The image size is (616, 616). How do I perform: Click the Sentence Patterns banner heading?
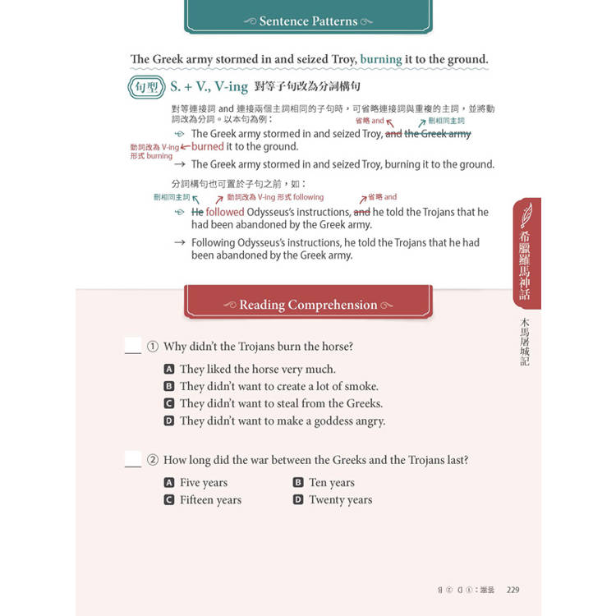click(308, 21)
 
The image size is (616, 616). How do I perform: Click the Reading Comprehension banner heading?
click(308, 305)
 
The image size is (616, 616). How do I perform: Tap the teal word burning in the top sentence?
click(380, 59)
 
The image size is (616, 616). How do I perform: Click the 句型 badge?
click(147, 86)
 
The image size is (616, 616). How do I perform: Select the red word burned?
click(208, 147)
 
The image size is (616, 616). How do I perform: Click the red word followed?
click(224, 212)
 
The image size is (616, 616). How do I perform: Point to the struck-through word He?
click(197, 212)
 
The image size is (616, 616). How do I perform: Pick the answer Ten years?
click(331, 483)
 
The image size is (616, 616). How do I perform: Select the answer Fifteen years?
click(210, 500)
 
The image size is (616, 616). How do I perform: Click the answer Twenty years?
click(340, 500)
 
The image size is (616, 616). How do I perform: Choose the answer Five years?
click(203, 483)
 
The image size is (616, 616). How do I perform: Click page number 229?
click(513, 589)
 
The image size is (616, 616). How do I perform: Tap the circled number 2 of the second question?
click(152, 461)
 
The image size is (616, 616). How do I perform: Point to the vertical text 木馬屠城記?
click(526, 341)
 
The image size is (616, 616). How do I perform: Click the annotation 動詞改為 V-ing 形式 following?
click(275, 197)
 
